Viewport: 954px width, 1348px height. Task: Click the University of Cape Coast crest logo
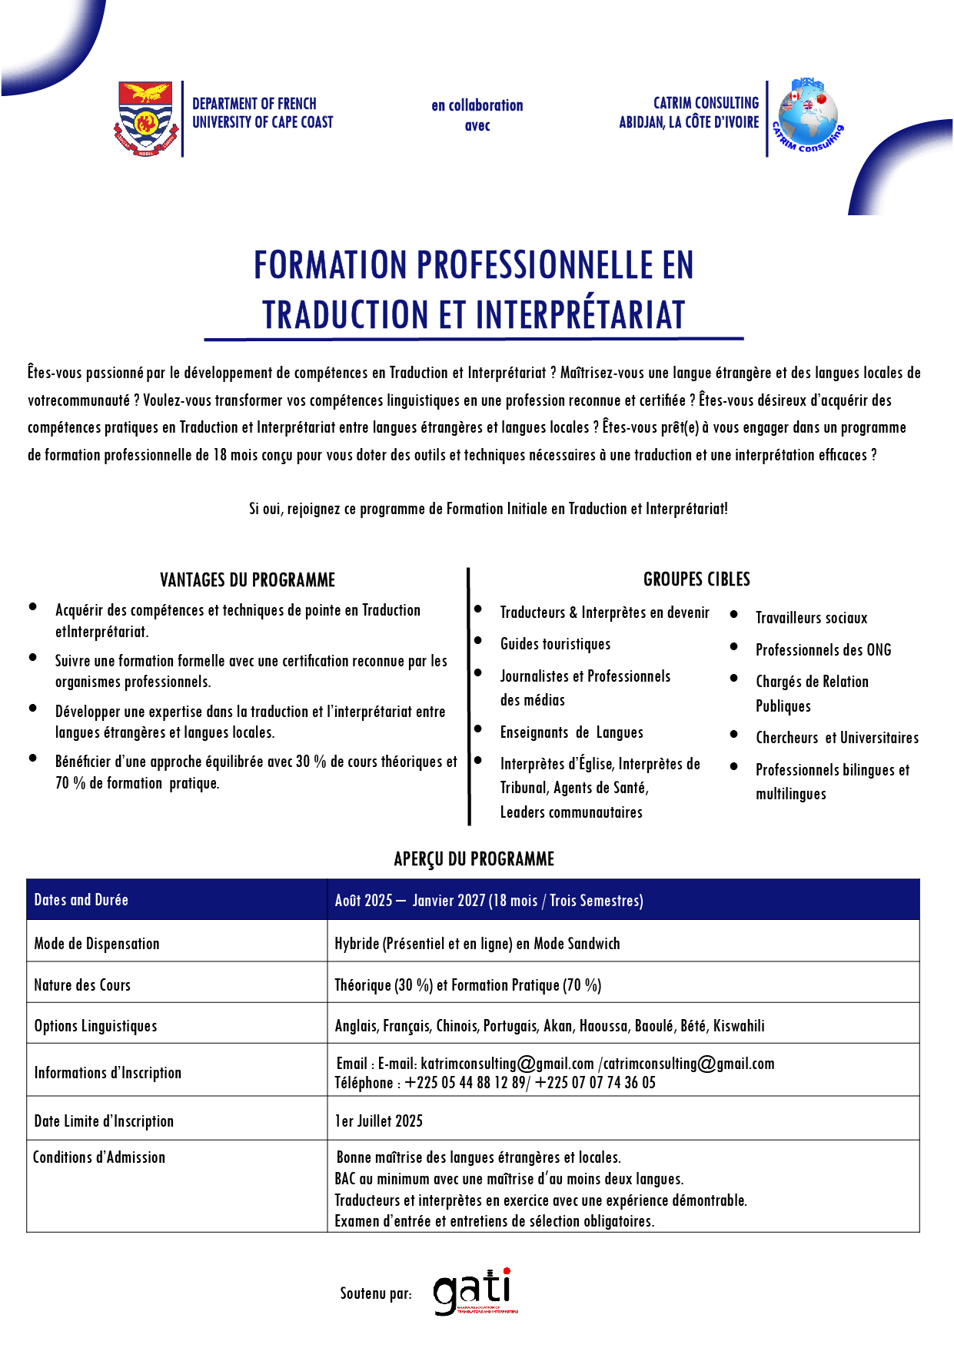click(x=146, y=118)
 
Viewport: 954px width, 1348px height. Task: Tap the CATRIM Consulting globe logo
click(x=807, y=115)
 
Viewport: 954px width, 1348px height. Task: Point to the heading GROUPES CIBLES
click(x=696, y=579)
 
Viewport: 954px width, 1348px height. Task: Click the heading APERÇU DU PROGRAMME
click(x=474, y=859)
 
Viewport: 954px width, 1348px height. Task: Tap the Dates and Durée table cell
click(x=81, y=900)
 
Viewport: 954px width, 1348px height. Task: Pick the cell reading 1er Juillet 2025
click(x=379, y=1121)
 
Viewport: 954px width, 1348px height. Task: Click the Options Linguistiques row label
click(x=95, y=1026)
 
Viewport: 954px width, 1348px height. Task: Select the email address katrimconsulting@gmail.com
click(x=507, y=1064)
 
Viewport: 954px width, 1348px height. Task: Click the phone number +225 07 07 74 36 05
click(x=596, y=1083)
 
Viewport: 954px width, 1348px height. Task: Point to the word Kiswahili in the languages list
click(x=739, y=1026)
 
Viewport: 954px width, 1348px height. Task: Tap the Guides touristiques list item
click(x=555, y=644)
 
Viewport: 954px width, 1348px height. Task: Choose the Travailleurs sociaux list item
click(x=811, y=618)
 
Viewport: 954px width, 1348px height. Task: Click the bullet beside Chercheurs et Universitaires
click(x=734, y=735)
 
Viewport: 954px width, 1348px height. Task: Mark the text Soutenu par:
click(x=376, y=1294)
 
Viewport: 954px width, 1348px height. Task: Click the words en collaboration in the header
click(x=477, y=105)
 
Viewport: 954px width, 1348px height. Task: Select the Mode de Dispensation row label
click(x=97, y=944)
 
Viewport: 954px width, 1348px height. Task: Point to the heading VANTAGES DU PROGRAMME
click(x=248, y=580)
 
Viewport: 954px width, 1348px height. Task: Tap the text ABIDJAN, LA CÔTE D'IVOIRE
click(x=689, y=122)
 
